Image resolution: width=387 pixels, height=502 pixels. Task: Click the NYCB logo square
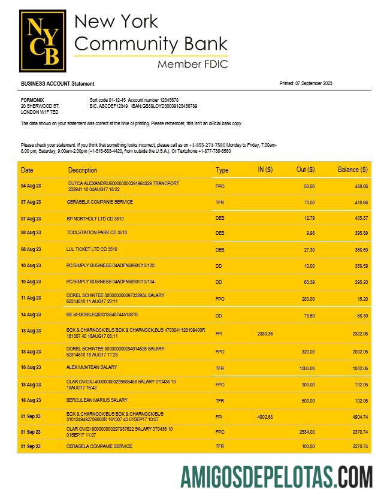[x=43, y=40]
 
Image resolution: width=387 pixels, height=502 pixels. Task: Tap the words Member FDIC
[x=192, y=64]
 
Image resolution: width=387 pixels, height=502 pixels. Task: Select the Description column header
[x=82, y=170]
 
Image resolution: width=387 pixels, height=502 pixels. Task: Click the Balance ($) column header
[x=352, y=170]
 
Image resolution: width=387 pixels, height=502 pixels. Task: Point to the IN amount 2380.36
[x=265, y=334]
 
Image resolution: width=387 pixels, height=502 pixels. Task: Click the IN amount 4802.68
[x=265, y=417]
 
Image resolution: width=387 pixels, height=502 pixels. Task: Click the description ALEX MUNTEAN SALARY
[x=92, y=367]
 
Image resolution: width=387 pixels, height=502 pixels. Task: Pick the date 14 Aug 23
[x=31, y=314]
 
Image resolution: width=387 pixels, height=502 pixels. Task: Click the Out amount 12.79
[x=309, y=219]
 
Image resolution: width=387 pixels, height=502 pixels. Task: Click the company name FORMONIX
[x=32, y=100]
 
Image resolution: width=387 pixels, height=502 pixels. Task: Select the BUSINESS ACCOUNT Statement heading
[x=58, y=84]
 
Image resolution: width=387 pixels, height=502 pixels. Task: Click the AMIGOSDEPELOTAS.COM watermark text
[x=276, y=477]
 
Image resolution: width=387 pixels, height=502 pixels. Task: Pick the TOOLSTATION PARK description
[x=96, y=232]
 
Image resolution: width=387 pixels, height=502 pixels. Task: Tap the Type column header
[x=222, y=170]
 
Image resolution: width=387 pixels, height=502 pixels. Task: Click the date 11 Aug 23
[x=31, y=298]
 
